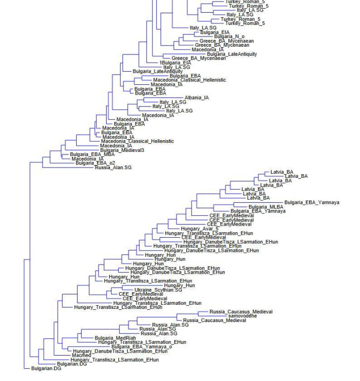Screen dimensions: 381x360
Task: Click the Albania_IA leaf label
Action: pyautogui.click(x=197, y=98)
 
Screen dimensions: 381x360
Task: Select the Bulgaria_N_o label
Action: pyautogui.click(x=229, y=37)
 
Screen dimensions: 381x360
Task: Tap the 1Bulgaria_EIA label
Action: pyautogui.click(x=175, y=63)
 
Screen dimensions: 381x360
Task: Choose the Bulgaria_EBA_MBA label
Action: pyautogui.click(x=92, y=154)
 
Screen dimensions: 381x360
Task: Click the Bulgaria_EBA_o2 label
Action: pyautogui.click(x=95, y=163)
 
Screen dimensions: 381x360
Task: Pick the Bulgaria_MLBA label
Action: pyautogui.click(x=266, y=207)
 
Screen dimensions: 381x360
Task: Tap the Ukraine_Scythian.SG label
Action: pyautogui.click(x=158, y=290)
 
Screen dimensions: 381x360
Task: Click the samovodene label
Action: pyautogui.click(x=243, y=316)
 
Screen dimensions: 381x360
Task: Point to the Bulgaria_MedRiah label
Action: pyautogui.click(x=112, y=338)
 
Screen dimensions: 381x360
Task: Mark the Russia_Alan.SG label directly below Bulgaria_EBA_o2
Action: pyautogui.click(x=113, y=167)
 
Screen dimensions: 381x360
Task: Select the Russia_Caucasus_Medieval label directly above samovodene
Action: pyautogui.click(x=241, y=312)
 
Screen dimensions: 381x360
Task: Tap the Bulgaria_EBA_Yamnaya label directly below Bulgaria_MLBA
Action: pyautogui.click(x=258, y=211)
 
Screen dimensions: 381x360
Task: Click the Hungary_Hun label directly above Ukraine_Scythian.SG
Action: pyautogui.click(x=179, y=285)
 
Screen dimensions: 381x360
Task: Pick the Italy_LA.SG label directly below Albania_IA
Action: pyautogui.click(x=173, y=102)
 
